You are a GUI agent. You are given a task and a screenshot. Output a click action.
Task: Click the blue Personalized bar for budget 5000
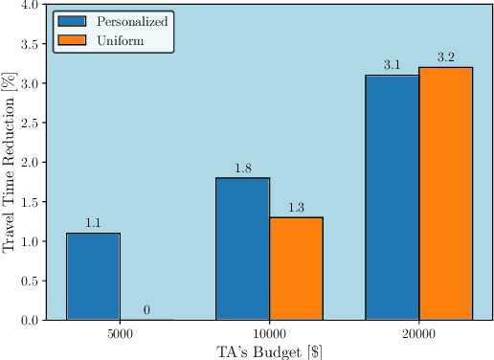[93, 277]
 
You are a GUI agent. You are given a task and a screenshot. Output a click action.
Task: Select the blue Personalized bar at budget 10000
[242, 249]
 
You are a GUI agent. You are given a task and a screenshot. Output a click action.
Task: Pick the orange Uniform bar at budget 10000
[296, 269]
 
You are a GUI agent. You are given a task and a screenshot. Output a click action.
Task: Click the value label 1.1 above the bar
[93, 223]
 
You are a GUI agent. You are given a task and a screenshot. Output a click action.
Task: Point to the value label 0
[146, 310]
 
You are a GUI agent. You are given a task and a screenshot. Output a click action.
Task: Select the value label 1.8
[242, 169]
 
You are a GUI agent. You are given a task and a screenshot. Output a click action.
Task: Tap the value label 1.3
[296, 208]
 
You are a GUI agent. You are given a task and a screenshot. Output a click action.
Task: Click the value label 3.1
[392, 65]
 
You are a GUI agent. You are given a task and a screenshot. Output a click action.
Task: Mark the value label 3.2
[445, 57]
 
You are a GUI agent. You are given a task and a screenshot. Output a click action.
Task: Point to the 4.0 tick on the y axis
[29, 5]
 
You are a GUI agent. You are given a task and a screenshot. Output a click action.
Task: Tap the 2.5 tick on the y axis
[29, 124]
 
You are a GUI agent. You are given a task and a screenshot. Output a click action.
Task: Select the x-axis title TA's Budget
[269, 350]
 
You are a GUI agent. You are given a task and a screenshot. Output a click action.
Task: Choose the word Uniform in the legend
[119, 39]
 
